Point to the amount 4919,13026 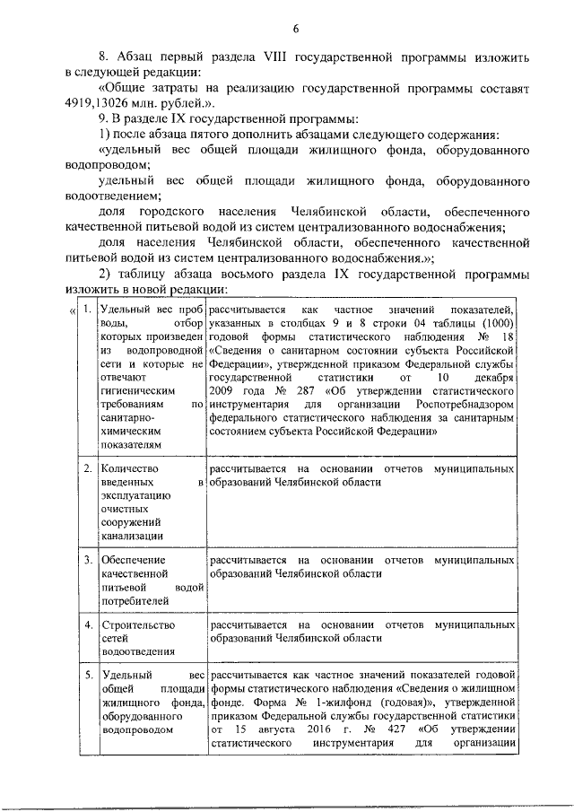[x=103, y=103]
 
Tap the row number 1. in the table [x=87, y=310]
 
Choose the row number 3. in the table [x=87, y=559]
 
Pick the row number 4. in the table [x=87, y=624]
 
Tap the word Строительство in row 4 [x=139, y=624]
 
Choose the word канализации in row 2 [x=133, y=536]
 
